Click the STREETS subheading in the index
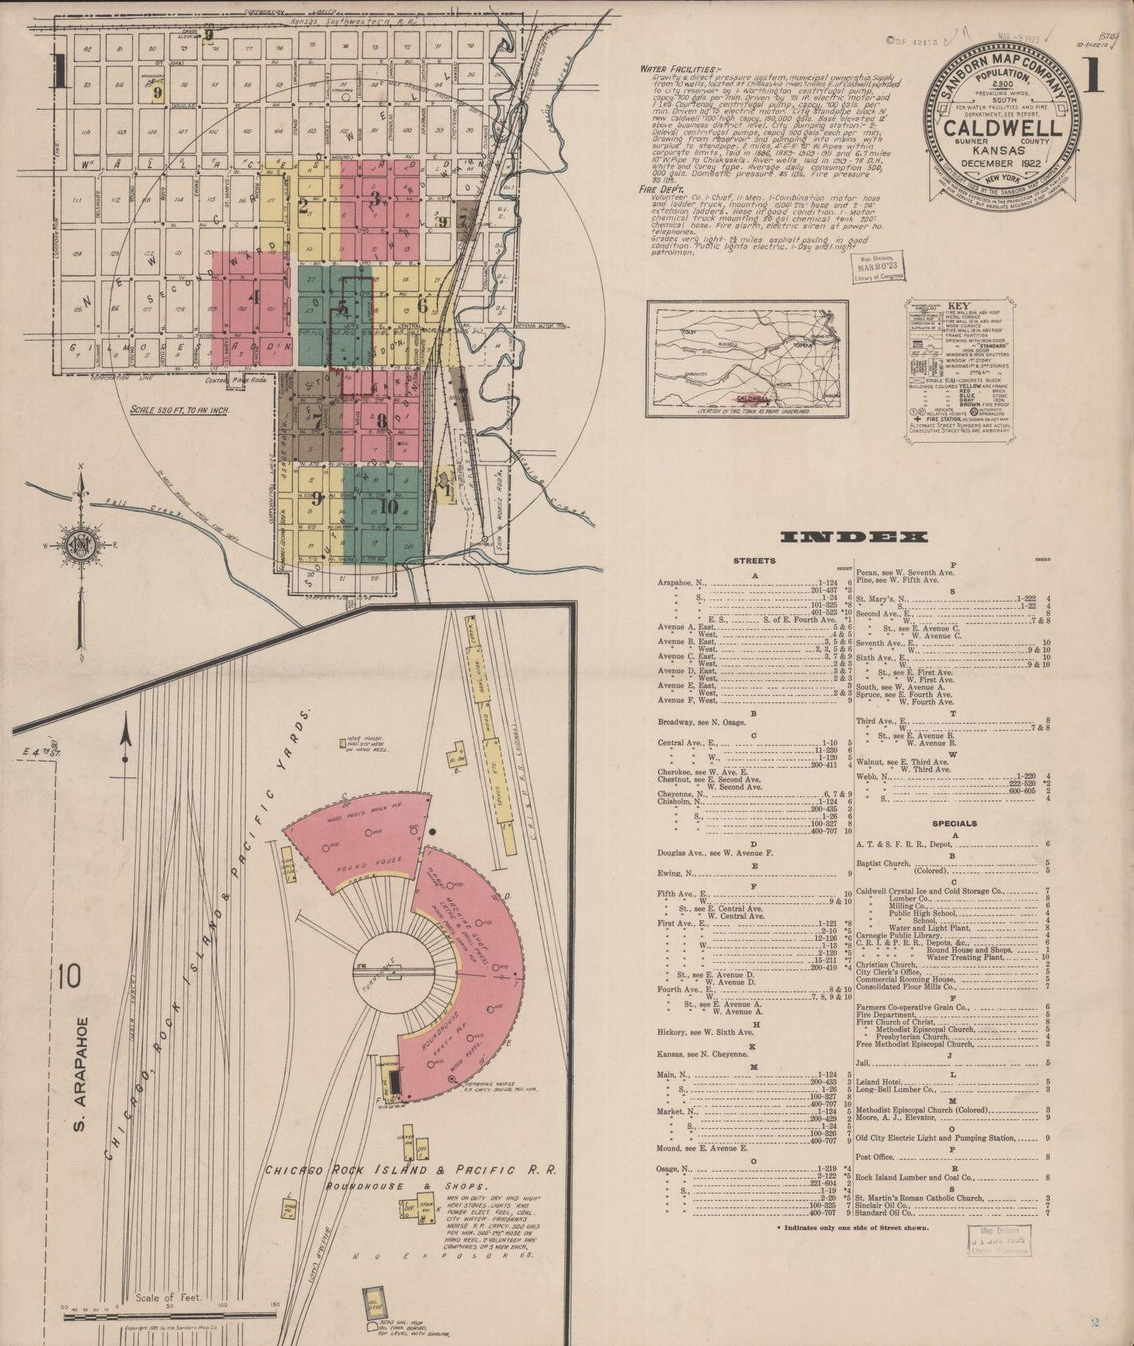(x=754, y=561)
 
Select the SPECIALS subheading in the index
(x=954, y=824)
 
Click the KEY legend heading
(x=959, y=306)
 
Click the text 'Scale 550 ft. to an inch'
(x=177, y=410)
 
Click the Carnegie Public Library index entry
(x=902, y=935)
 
